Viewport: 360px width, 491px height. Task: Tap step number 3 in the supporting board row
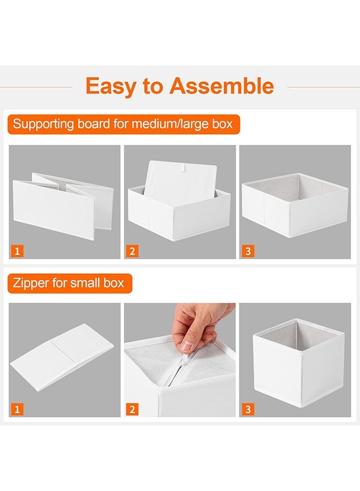tap(248, 251)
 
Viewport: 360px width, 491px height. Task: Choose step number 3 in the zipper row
tap(248, 409)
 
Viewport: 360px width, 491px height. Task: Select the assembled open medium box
tap(295, 205)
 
